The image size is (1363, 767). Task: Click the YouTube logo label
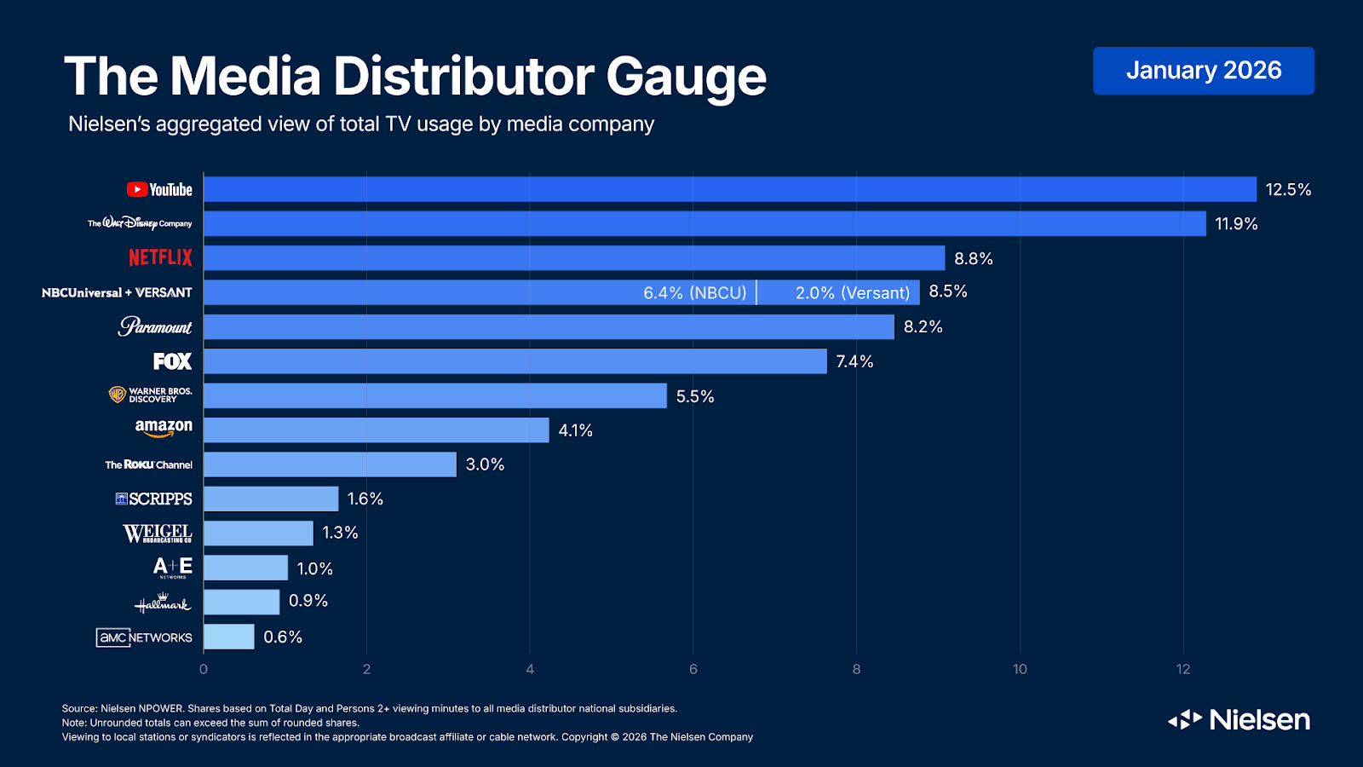pyautogui.click(x=160, y=190)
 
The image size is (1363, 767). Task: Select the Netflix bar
pyautogui.click(x=574, y=258)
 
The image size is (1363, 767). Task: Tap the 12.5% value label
pyautogui.click(x=1287, y=190)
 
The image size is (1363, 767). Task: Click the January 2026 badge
pyautogui.click(x=1203, y=71)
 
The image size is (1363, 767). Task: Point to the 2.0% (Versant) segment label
pyautogui.click(x=852, y=293)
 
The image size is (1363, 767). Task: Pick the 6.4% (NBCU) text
pyautogui.click(x=694, y=293)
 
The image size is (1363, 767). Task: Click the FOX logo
pyautogui.click(x=173, y=361)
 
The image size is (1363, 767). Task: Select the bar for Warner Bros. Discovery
pyautogui.click(x=434, y=395)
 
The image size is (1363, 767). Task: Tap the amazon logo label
pyautogui.click(x=164, y=428)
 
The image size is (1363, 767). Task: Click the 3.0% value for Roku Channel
pyautogui.click(x=485, y=464)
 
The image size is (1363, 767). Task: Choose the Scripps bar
pyautogui.click(x=271, y=499)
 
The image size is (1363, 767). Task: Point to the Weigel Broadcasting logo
pyautogui.click(x=158, y=533)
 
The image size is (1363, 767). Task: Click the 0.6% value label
pyautogui.click(x=283, y=637)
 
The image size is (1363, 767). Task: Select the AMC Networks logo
pyautogui.click(x=144, y=637)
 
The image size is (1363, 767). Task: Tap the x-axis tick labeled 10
pyautogui.click(x=1020, y=669)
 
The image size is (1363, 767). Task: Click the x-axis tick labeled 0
pyautogui.click(x=204, y=669)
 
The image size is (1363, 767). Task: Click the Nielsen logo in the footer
pyautogui.click(x=1239, y=720)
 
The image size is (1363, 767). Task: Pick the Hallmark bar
pyautogui.click(x=241, y=602)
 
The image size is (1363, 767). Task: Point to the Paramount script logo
pyautogui.click(x=155, y=326)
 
